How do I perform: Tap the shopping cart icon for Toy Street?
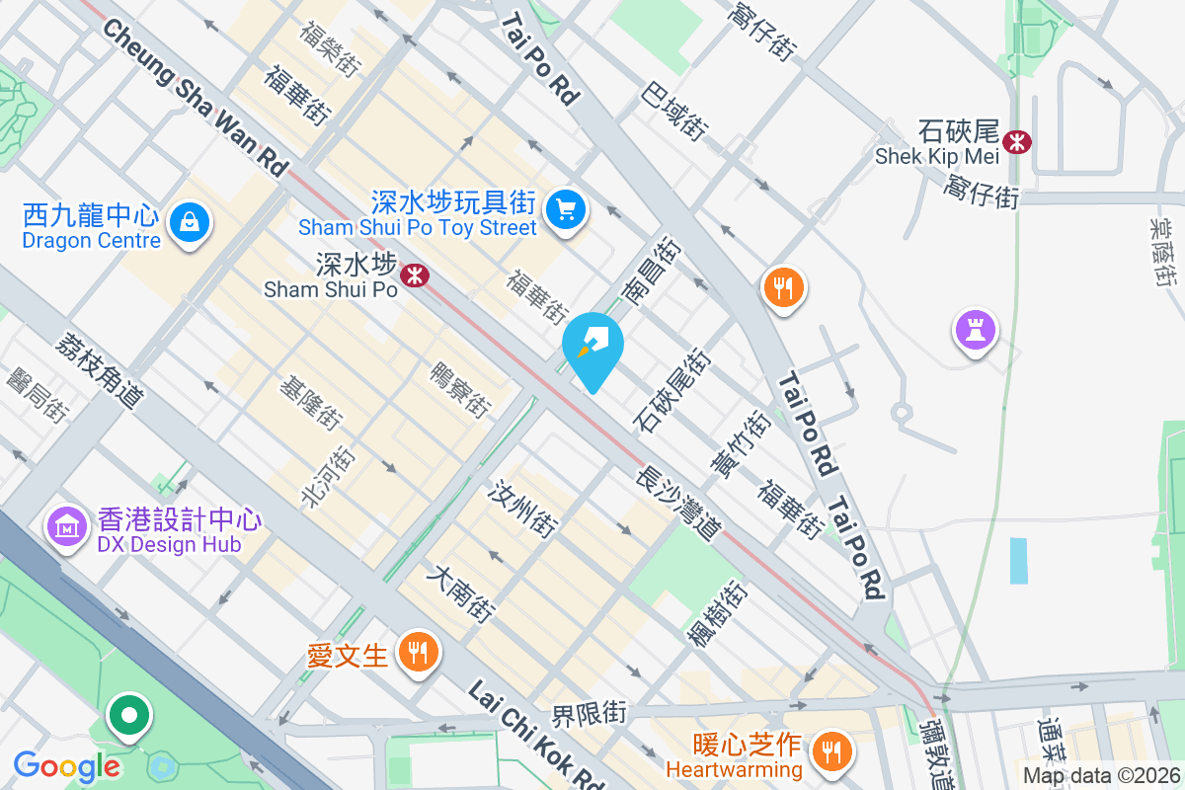[567, 208]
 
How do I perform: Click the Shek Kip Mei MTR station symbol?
[1015, 142]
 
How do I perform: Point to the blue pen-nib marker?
[592, 348]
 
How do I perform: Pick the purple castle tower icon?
[975, 329]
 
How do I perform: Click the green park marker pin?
[129, 715]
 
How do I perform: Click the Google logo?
[66, 765]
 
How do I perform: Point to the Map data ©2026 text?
[1101, 775]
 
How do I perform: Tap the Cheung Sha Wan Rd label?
[194, 98]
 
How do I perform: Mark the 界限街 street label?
[590, 712]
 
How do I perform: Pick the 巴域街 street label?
[674, 111]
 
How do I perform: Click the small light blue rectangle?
[1019, 560]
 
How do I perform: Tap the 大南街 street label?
[460, 592]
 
